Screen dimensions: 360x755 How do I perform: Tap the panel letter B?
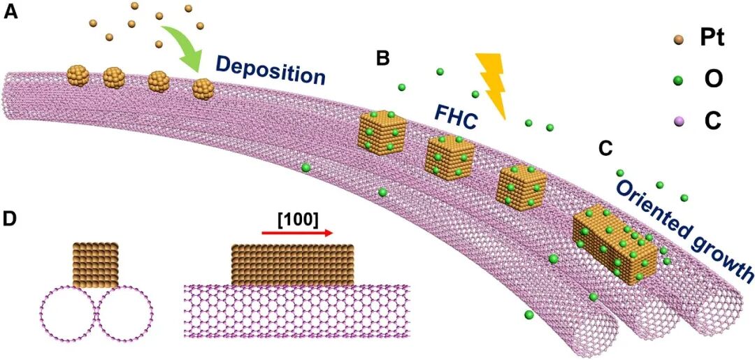(382, 58)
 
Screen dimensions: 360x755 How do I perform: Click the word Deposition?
(270, 70)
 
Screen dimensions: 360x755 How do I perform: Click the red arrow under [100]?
(298, 235)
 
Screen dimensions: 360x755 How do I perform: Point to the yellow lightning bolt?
(492, 83)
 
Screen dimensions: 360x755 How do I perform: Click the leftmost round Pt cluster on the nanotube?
(78, 75)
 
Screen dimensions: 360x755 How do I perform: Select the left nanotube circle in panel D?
(67, 314)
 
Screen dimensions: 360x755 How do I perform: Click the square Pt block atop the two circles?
(96, 265)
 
